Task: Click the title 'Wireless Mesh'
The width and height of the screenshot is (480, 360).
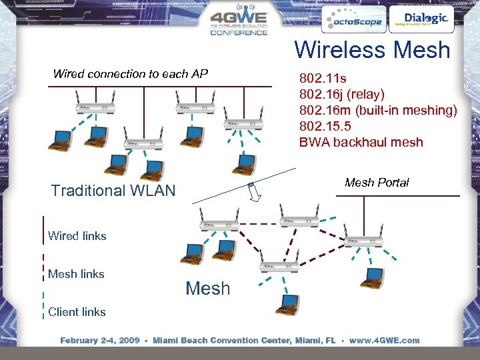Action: click(372, 50)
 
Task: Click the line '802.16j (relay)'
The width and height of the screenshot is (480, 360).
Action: click(342, 94)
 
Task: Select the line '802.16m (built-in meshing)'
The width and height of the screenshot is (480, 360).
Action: click(378, 110)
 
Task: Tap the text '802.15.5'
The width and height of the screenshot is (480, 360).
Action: click(325, 126)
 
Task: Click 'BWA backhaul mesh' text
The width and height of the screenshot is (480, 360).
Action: click(361, 142)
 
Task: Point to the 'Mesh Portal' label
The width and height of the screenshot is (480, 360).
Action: click(377, 182)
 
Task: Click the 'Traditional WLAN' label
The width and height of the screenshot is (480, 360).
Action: click(113, 191)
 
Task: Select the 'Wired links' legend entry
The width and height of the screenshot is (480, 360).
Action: click(77, 236)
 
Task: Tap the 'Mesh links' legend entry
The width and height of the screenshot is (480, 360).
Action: click(76, 274)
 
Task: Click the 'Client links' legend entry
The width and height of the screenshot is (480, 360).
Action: click(77, 312)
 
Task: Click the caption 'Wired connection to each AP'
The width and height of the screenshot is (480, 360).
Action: click(131, 74)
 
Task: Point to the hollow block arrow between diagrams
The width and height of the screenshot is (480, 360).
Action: click(253, 192)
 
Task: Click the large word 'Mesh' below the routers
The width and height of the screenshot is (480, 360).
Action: click(207, 289)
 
